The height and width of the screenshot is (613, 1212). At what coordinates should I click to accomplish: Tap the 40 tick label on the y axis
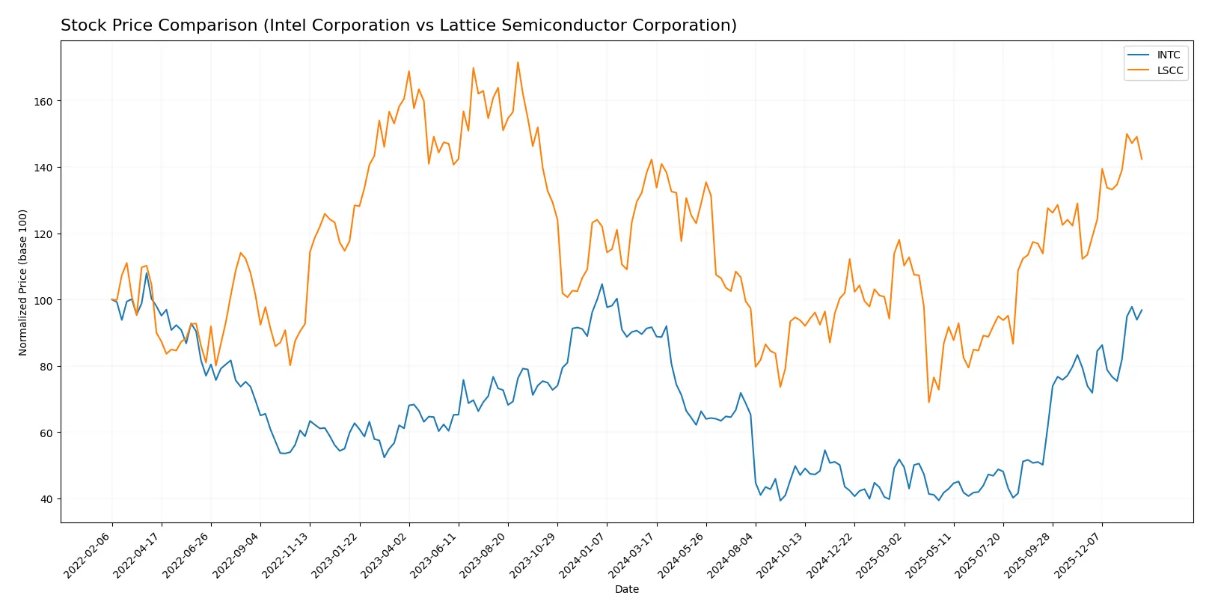46,499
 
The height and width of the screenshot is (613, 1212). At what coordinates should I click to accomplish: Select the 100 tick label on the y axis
43,300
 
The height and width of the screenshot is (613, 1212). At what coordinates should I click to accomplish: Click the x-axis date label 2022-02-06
88,555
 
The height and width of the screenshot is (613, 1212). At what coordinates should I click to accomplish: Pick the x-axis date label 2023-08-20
484,555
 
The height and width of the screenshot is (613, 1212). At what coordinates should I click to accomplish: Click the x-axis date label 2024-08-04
732,555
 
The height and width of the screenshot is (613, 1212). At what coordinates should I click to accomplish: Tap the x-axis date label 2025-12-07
1078,555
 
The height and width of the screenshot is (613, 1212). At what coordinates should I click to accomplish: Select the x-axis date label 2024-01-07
583,555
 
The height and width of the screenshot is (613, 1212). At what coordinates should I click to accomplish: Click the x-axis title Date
626,590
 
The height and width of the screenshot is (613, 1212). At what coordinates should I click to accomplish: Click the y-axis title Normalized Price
23,282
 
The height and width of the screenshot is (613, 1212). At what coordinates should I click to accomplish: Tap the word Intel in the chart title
285,25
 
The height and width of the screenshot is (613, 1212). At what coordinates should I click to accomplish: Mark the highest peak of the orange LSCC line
518,62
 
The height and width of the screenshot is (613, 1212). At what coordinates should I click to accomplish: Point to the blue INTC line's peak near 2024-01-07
602,284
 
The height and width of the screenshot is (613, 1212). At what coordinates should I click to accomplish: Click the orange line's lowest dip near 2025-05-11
929,402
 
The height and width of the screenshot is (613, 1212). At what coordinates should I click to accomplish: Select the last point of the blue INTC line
1142,310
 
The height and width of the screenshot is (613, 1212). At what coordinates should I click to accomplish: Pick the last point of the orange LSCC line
1142,159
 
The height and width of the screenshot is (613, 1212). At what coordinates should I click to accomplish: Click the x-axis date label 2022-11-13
286,555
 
